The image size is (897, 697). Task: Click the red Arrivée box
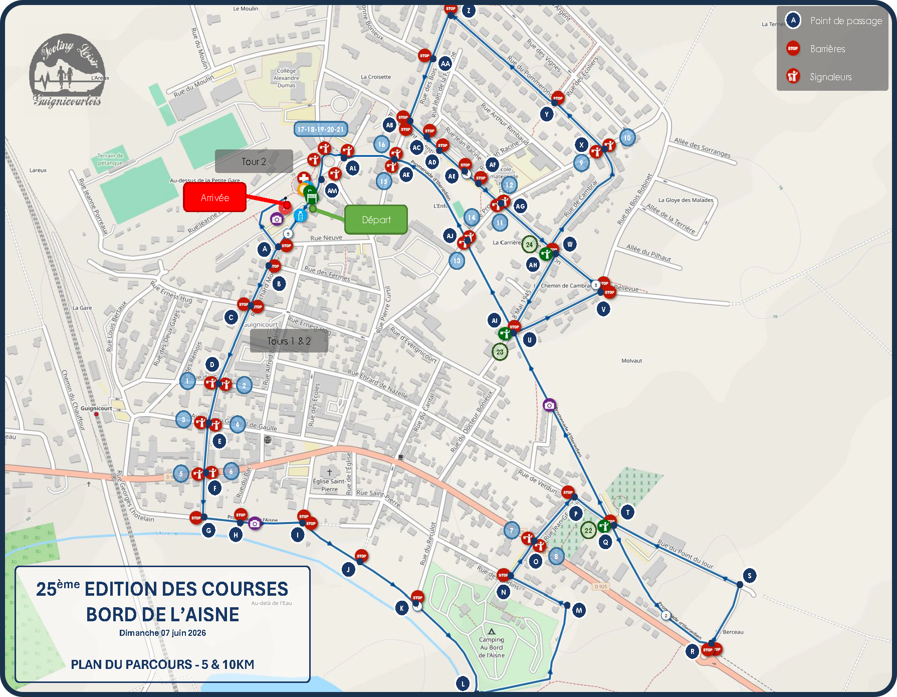(x=215, y=197)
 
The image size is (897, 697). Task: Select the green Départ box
(x=376, y=220)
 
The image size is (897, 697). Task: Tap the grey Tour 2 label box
(x=254, y=161)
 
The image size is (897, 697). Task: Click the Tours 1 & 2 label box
(x=289, y=341)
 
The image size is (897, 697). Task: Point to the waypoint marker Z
(x=469, y=11)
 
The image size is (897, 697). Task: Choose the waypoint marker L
(x=463, y=683)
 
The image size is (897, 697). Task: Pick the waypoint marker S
(x=750, y=576)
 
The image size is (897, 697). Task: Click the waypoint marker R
(x=693, y=651)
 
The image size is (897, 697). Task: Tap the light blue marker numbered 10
(x=627, y=138)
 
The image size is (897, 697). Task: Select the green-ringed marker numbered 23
(x=500, y=352)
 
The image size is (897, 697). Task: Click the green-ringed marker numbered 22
(x=588, y=530)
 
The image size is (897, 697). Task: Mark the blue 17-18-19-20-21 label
(x=321, y=129)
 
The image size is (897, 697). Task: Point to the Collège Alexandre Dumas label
(x=287, y=78)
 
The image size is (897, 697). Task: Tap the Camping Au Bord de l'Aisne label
(x=492, y=647)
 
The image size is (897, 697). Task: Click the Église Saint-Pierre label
(x=329, y=484)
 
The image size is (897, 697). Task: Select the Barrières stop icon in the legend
(x=793, y=49)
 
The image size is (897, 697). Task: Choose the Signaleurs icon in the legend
(x=793, y=76)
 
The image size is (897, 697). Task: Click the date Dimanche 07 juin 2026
(x=162, y=633)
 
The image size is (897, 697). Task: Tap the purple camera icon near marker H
(x=255, y=524)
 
